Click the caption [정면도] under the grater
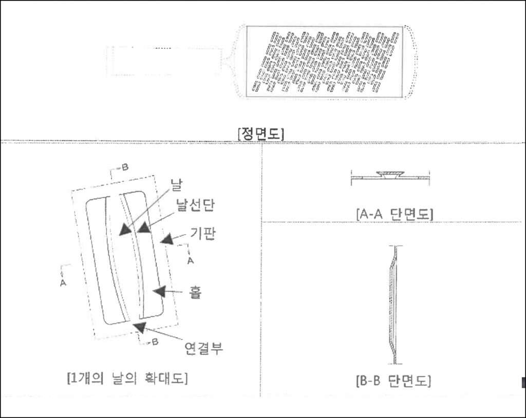(261, 134)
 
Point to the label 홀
(196, 293)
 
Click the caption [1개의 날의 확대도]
(127, 379)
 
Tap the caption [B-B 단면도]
(393, 382)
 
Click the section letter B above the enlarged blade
(124, 167)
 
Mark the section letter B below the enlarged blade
(155, 342)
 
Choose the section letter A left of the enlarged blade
(63, 282)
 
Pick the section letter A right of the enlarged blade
(190, 261)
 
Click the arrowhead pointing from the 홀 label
(160, 291)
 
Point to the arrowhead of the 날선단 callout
(142, 226)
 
